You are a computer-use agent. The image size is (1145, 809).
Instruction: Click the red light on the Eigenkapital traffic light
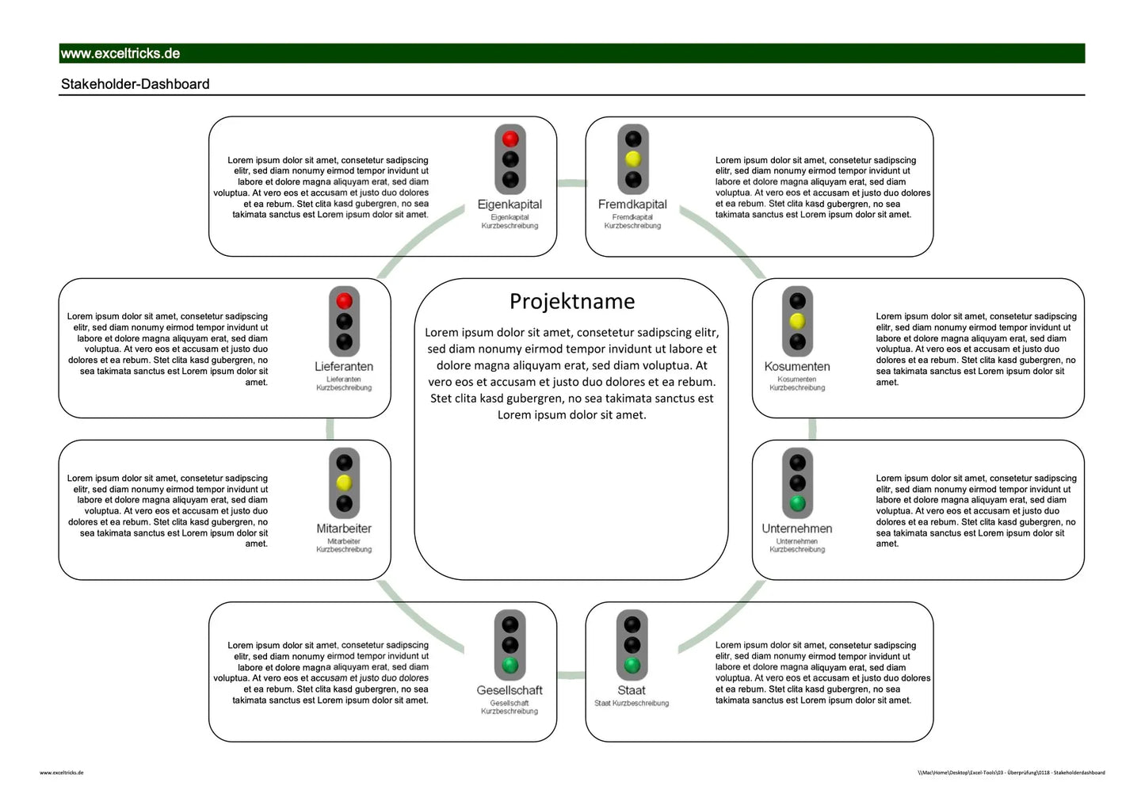click(510, 139)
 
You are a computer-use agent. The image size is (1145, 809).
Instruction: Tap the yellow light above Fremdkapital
click(632, 159)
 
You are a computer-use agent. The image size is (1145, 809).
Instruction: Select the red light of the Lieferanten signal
click(344, 301)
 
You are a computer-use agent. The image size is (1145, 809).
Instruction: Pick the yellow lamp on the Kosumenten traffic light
click(797, 321)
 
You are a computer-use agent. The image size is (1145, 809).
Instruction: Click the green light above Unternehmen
click(797, 503)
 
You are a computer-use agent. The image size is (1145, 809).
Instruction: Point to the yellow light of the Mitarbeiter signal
click(344, 483)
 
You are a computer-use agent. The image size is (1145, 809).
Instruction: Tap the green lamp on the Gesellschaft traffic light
click(510, 665)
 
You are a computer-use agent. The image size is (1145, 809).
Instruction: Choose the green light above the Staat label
click(632, 665)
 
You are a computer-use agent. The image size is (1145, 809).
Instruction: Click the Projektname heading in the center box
click(571, 301)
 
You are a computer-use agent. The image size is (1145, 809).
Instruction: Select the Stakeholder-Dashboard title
click(135, 84)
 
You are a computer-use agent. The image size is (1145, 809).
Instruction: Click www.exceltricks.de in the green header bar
click(120, 54)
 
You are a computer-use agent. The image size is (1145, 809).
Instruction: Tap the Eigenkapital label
click(510, 204)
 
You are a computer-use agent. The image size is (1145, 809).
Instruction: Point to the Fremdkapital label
click(632, 204)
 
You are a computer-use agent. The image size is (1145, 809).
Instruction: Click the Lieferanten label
click(344, 367)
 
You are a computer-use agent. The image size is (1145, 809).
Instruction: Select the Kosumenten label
click(797, 367)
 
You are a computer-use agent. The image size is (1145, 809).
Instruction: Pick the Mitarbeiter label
click(344, 529)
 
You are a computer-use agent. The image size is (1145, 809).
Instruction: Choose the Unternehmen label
click(797, 529)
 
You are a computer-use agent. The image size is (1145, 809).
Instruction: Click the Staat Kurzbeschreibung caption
click(632, 703)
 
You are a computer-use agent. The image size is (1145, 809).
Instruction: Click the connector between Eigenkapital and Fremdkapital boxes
click(571, 184)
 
